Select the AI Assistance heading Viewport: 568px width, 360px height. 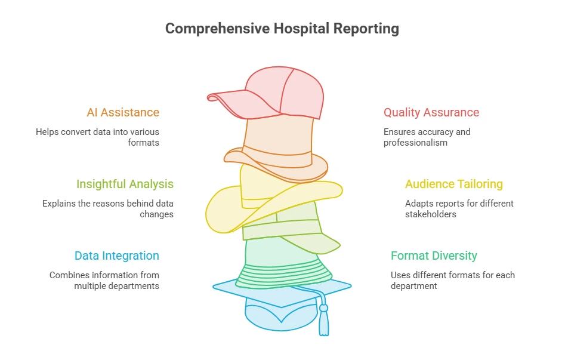click(x=123, y=112)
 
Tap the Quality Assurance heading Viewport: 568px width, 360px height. click(x=431, y=112)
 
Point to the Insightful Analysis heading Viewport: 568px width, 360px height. click(x=125, y=184)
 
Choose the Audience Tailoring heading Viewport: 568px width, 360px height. click(x=454, y=184)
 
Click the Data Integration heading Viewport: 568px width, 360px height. click(x=117, y=256)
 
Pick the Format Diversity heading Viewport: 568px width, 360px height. click(x=434, y=256)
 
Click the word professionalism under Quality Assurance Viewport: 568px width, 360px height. click(x=415, y=143)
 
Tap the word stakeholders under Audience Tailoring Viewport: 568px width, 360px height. click(x=431, y=214)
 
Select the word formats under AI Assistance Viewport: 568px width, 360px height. click(x=143, y=143)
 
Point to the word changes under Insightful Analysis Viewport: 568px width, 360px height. click(x=156, y=214)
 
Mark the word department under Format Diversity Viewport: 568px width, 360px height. click(x=413, y=286)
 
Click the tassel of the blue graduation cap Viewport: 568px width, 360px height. click(x=323, y=321)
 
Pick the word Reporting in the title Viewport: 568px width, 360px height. click(x=366, y=29)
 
